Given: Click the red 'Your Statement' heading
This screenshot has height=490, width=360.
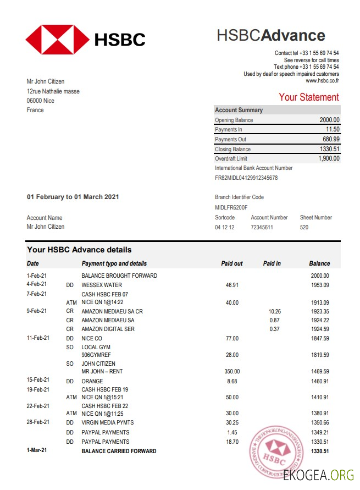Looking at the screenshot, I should point(308,97).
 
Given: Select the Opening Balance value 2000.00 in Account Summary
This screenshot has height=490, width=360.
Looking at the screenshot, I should point(329,120).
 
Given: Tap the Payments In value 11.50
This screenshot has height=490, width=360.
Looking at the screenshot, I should point(333,130).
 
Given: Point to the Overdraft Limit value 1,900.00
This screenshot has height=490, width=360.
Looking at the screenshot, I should point(329,159).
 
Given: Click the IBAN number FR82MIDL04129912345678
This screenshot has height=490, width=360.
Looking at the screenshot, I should point(246,178).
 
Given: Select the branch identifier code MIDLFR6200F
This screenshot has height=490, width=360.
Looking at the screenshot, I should point(231,208).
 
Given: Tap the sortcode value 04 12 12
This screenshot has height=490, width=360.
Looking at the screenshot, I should point(225,227).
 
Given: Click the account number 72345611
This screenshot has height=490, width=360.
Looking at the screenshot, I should point(262,227).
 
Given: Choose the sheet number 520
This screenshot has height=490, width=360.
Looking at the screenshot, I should point(304,227).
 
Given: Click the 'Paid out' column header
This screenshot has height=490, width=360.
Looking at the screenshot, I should point(231,263).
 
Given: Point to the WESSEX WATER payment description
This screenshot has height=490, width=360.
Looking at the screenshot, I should point(102,285).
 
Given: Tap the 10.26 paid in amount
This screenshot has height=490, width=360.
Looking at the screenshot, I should point(274,311).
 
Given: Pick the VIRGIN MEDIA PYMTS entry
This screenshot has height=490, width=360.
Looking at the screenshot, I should point(108,423).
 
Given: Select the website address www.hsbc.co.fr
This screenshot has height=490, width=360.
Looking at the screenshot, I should point(322,81).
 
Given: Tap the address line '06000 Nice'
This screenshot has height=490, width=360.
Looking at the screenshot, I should point(41,101).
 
